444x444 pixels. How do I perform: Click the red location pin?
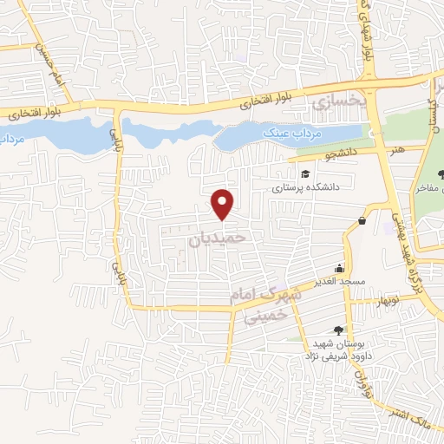(224, 203)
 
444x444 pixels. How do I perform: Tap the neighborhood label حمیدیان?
(218, 236)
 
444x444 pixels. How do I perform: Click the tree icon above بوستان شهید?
(338, 329)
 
